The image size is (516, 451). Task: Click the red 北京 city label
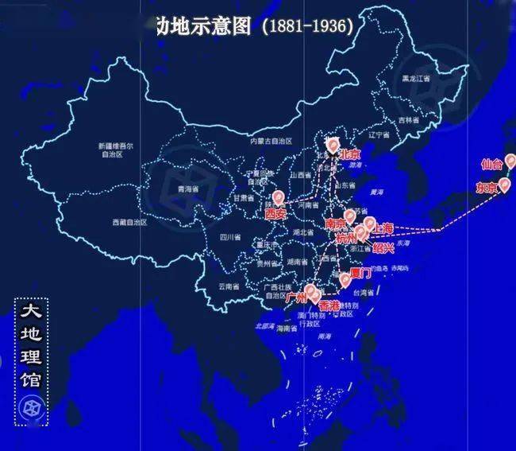[x=350, y=155]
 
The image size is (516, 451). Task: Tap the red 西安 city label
[x=275, y=214]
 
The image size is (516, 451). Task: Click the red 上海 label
[x=383, y=227]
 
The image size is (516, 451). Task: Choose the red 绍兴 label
[x=383, y=247]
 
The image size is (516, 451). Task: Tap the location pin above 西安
[x=278, y=198]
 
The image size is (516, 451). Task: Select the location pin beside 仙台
[x=510, y=161]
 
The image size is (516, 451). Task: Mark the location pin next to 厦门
[x=345, y=278]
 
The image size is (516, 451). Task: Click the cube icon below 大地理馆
[x=32, y=408]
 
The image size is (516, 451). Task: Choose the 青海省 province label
[x=186, y=189]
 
